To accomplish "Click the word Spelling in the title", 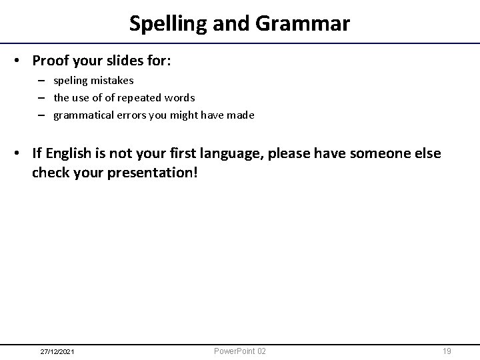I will [167, 24].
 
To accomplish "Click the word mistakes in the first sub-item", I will [112, 80].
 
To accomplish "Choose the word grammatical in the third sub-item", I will [83, 115].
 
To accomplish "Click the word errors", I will [132, 115].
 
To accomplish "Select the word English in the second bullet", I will [69, 153].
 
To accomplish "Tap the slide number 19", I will [447, 351].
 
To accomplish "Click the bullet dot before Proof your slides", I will [20, 61].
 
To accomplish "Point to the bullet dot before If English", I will [20, 154].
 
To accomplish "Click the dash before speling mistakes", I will [41, 80].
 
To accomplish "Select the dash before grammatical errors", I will [41, 115].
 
